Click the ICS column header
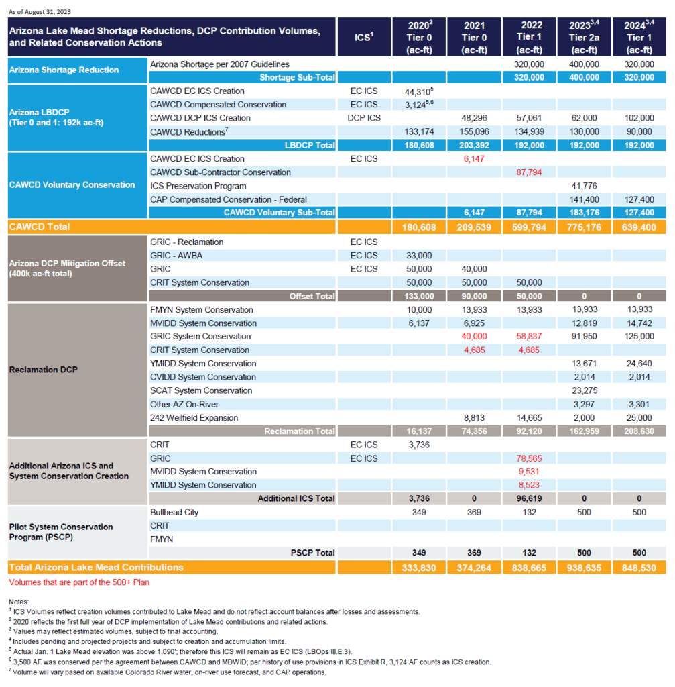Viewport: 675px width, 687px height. (x=364, y=37)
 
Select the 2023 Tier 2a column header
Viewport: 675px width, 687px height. (x=584, y=37)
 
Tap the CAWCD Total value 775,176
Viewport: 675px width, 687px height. (x=584, y=227)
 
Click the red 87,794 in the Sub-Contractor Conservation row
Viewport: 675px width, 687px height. (x=529, y=172)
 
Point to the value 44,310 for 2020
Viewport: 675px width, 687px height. (x=418, y=91)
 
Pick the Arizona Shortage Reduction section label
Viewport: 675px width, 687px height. (x=64, y=70)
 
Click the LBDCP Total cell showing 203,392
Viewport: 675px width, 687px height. (x=474, y=145)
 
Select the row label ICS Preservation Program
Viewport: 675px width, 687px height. (x=198, y=186)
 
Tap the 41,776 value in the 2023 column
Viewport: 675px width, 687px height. (x=584, y=186)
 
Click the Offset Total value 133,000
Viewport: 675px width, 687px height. (x=419, y=296)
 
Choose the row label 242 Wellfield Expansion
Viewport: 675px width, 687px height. (x=194, y=417)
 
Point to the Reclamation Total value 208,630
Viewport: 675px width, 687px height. (x=639, y=431)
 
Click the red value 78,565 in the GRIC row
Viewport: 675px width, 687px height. (x=529, y=458)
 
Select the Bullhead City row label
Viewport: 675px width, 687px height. (x=174, y=512)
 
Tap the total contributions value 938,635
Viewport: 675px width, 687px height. (x=584, y=568)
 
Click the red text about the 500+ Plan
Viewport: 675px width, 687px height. (x=79, y=582)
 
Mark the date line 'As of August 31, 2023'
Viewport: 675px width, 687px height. (x=40, y=12)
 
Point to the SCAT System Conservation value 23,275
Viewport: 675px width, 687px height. (x=584, y=390)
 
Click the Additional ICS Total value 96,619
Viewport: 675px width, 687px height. (x=529, y=498)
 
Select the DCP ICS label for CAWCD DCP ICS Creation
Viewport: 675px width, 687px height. (x=364, y=118)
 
